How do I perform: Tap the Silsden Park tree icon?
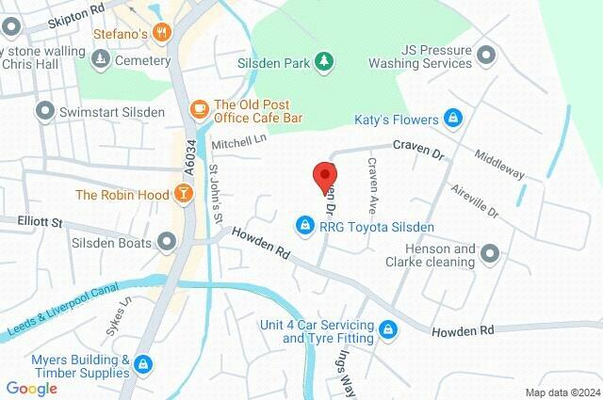pos(324,60)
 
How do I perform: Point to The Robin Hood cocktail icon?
pos(183,195)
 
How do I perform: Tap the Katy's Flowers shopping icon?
pos(454,119)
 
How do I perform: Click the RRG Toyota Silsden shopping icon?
pos(304,226)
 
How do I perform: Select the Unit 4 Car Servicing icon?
pos(389,328)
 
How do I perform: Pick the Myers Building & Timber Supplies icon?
pos(143,362)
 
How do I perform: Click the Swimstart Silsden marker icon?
pos(44,112)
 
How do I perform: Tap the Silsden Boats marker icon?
pos(167,243)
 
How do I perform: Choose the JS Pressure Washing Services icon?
pos(486,55)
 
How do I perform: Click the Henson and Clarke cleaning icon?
pos(489,253)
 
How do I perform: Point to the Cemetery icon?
pos(100,61)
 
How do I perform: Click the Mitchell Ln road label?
pos(239,141)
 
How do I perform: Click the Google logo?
pos(32,387)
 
